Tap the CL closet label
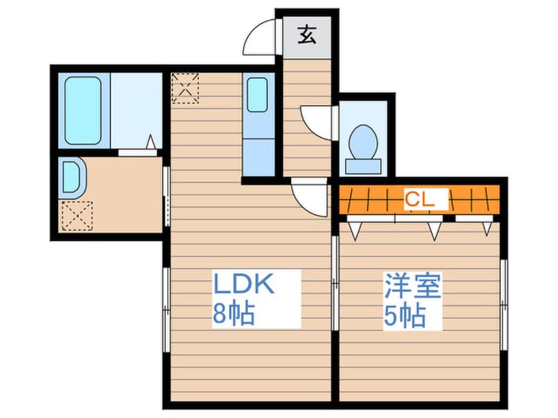tap(419, 200)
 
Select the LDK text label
tap(242, 285)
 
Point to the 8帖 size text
tap(232, 314)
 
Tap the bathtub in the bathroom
tap(83, 111)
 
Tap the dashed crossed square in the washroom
tap(77, 215)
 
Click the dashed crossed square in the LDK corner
tap(185, 88)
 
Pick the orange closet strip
tap(419, 200)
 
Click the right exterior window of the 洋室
tap(504, 303)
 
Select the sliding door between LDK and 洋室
tap(335, 284)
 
